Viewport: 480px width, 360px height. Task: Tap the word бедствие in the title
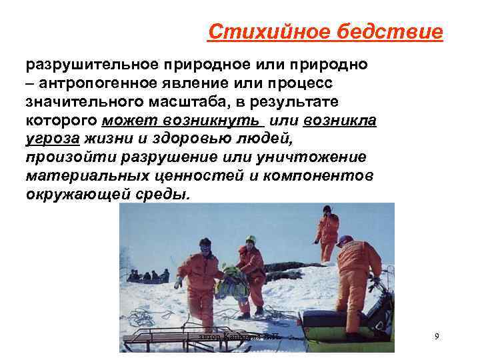tap(398, 31)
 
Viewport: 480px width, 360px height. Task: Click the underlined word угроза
tap(53, 139)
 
